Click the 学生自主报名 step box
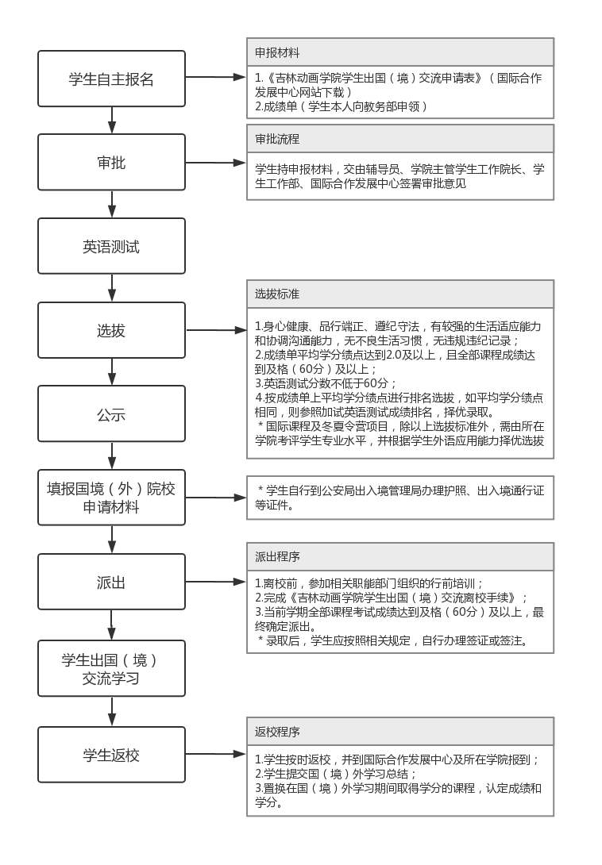pyautogui.click(x=111, y=79)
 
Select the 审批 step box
pyautogui.click(x=111, y=163)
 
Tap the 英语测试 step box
pyautogui.click(x=111, y=246)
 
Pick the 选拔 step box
pyautogui.click(x=111, y=330)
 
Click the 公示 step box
pyautogui.click(x=111, y=413)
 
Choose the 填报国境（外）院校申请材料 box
pyautogui.click(x=111, y=498)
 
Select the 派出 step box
pyautogui.click(x=111, y=582)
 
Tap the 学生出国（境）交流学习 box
pyautogui.click(x=111, y=669)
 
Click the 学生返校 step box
pyautogui.click(x=111, y=755)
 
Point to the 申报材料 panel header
pyautogui.click(x=400, y=52)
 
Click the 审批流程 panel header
pyautogui.click(x=400, y=138)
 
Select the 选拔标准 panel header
pyautogui.click(x=400, y=294)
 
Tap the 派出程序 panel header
pyautogui.click(x=400, y=556)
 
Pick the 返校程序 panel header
pyautogui.click(x=400, y=732)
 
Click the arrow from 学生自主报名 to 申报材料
pyautogui.click(x=216, y=78)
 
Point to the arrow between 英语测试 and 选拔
pyautogui.click(x=112, y=288)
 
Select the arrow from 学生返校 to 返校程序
pyautogui.click(x=216, y=754)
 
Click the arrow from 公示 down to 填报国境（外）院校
pyautogui.click(x=112, y=456)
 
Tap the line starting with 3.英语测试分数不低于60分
pyautogui.click(x=326, y=383)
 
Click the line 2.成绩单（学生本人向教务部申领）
pyautogui.click(x=342, y=106)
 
